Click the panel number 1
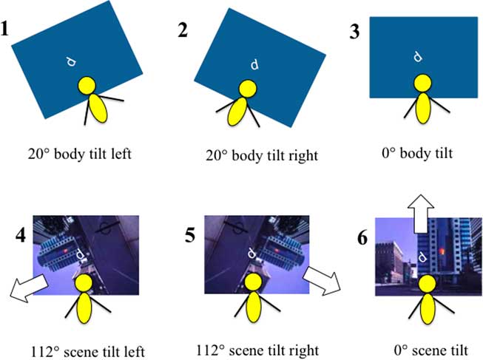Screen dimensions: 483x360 pyautogui.click(x=4, y=28)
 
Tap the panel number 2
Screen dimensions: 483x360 pyautogui.click(x=183, y=30)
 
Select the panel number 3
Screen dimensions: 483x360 pyautogui.click(x=354, y=31)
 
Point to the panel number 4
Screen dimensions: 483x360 pyautogui.click(x=21, y=235)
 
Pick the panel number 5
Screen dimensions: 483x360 pyautogui.click(x=190, y=235)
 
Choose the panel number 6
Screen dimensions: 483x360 pyautogui.click(x=362, y=237)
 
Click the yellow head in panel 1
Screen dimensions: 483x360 pyautogui.click(x=87, y=86)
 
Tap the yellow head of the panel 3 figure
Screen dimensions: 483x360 pyautogui.click(x=422, y=83)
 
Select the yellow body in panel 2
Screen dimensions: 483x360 pyautogui.click(x=237, y=112)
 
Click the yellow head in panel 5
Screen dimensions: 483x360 pyautogui.click(x=253, y=282)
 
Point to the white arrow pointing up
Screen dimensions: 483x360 pyautogui.click(x=421, y=214)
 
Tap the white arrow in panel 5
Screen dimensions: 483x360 pyautogui.click(x=322, y=281)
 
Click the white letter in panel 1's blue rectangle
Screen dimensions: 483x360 pyautogui.click(x=71, y=62)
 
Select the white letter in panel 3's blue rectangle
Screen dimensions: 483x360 pyautogui.click(x=418, y=57)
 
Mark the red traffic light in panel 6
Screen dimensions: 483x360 pyautogui.click(x=442, y=251)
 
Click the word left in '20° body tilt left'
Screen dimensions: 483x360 pyautogui.click(x=123, y=153)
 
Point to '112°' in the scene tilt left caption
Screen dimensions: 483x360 pyautogui.click(x=45, y=352)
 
